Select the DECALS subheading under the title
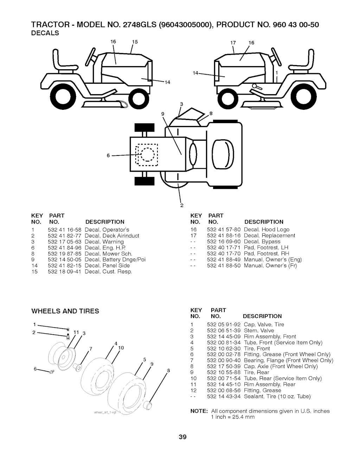pyautogui.click(x=45, y=33)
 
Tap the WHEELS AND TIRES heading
pyautogui.click(x=65, y=311)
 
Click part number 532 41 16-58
pyautogui.click(x=64, y=230)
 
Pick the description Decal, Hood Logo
pyautogui.click(x=266, y=230)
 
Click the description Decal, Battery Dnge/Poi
pyautogui.click(x=115, y=260)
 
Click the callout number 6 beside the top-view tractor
pyautogui.click(x=108, y=156)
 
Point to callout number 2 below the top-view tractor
pyautogui.click(x=182, y=205)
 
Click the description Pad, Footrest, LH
pyautogui.click(x=266, y=248)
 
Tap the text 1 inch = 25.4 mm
pyautogui.click(x=232, y=417)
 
